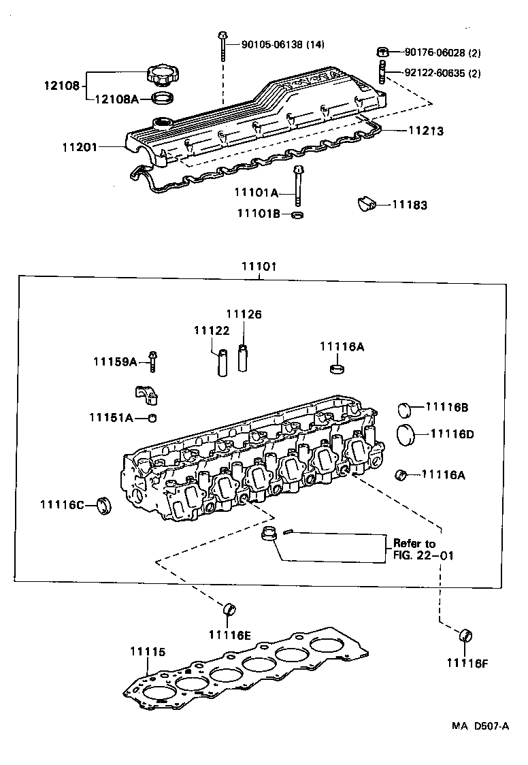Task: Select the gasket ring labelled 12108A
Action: tap(162, 99)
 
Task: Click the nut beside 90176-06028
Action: tap(383, 52)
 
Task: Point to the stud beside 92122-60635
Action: tap(382, 71)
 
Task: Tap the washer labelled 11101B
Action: tap(297, 215)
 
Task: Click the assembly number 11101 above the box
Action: tap(259, 266)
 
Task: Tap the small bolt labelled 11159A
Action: tap(154, 360)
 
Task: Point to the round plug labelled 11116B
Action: tap(406, 409)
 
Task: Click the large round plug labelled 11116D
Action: tap(406, 434)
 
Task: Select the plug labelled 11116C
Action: tap(105, 505)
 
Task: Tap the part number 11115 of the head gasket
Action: tap(147, 651)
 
